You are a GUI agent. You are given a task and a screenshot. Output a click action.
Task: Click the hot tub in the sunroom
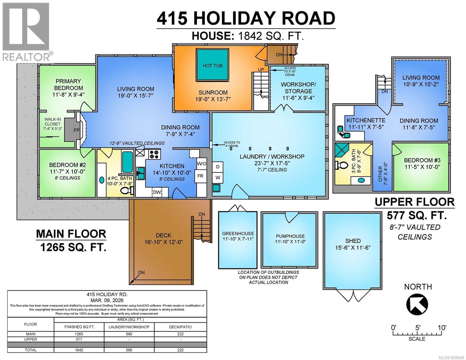[x=212, y=65]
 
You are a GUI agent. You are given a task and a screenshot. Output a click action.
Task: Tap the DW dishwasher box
[x=157, y=192]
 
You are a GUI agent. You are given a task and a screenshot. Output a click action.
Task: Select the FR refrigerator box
[x=200, y=176]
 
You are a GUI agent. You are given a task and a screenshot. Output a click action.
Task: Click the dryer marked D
[x=218, y=166]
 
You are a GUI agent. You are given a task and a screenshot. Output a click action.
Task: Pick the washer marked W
[x=218, y=177]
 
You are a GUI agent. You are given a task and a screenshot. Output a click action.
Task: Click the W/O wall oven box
[x=201, y=164]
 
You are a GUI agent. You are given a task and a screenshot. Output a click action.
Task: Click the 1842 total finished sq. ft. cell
[x=79, y=350]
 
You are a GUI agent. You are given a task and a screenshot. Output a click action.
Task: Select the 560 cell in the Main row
[x=129, y=334]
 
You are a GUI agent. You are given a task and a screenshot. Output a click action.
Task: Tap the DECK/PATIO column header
[x=180, y=327]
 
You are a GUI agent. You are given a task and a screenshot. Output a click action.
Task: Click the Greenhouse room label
[x=238, y=233]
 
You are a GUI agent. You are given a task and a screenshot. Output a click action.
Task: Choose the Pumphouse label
[x=290, y=236]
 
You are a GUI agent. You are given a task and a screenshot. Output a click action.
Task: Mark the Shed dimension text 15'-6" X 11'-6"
[x=353, y=247]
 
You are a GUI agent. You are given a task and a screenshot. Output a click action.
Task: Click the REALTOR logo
[x=26, y=31]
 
